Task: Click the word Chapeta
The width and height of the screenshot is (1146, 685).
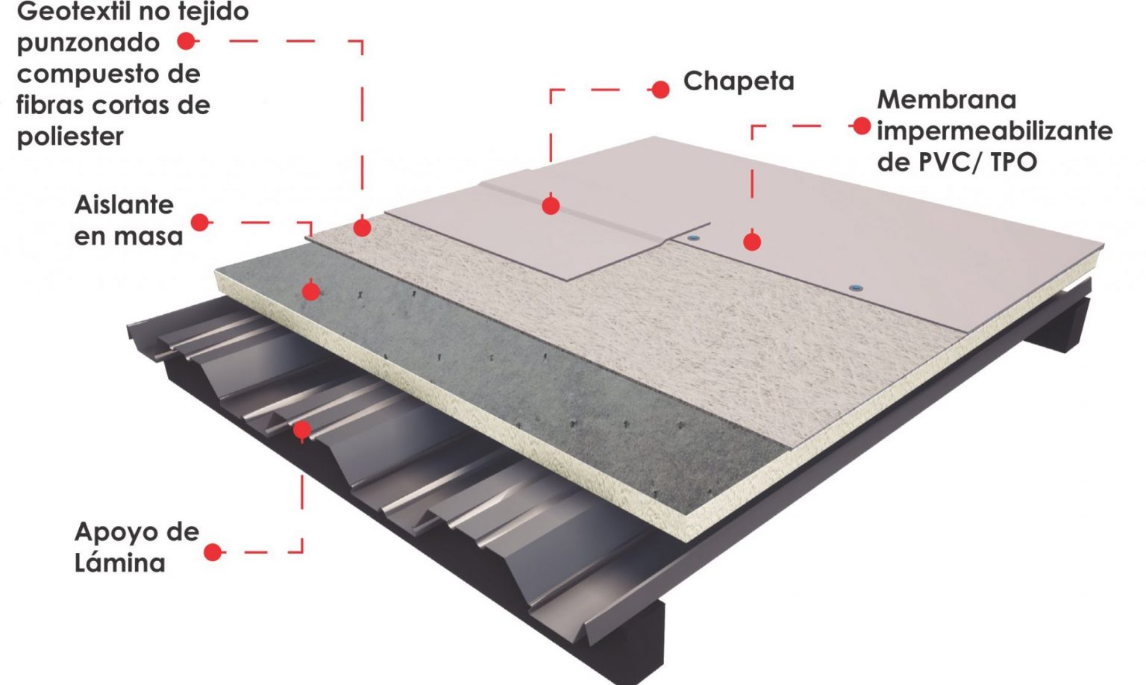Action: [x=739, y=81]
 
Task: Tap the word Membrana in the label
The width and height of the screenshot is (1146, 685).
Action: [x=946, y=99]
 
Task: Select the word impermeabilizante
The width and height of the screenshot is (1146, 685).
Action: [x=995, y=131]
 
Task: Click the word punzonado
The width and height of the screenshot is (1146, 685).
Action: [x=88, y=43]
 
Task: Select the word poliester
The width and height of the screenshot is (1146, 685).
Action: [x=70, y=137]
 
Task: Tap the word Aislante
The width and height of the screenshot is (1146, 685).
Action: [x=124, y=204]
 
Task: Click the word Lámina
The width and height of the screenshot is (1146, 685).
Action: [x=119, y=563]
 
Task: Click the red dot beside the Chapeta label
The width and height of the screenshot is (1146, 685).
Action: [x=660, y=90]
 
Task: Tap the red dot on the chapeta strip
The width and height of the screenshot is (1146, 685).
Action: [x=551, y=205]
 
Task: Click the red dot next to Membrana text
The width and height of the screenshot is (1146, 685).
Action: [x=862, y=126]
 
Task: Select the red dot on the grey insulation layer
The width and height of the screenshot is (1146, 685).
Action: [x=311, y=291]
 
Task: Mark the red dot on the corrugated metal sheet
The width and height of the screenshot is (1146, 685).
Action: [x=301, y=430]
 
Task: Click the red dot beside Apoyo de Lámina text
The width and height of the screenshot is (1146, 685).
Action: [x=213, y=552]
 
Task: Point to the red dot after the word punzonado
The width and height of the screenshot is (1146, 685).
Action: [x=187, y=42]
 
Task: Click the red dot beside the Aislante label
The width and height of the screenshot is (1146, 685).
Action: [x=200, y=222]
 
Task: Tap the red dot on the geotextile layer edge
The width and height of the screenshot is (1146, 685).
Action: [x=362, y=228]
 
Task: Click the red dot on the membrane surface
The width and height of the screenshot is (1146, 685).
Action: [x=752, y=242]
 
